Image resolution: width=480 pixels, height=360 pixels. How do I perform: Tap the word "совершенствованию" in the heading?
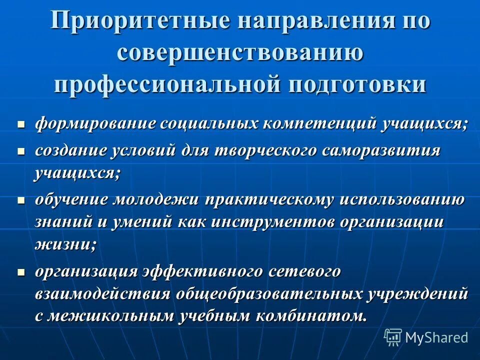[239, 53]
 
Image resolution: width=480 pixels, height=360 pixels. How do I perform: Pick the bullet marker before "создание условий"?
[21, 150]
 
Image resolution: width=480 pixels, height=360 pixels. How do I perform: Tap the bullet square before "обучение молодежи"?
[21, 199]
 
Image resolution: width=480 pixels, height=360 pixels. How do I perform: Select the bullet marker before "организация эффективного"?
[21, 272]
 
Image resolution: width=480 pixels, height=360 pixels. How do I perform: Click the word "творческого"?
[264, 150]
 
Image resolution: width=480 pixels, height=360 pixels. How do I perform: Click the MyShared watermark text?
[436, 337]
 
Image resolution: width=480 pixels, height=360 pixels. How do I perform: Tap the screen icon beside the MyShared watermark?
[393, 337]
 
